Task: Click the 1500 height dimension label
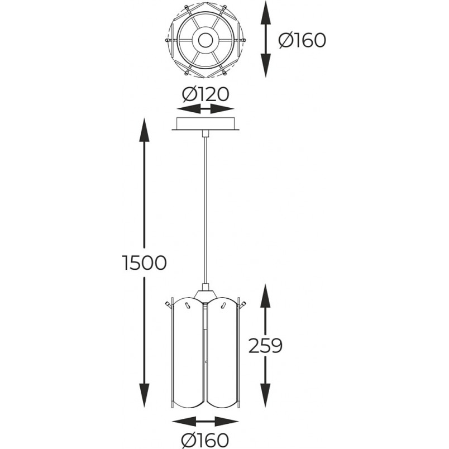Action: click(x=144, y=262)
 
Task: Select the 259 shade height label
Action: click(x=265, y=345)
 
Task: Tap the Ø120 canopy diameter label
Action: click(x=206, y=94)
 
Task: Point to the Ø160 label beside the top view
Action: click(x=302, y=40)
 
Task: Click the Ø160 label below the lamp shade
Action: click(x=206, y=440)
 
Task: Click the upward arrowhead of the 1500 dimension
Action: click(x=144, y=130)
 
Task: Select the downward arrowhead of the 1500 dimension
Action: click(x=144, y=395)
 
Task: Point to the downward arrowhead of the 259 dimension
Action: click(x=265, y=396)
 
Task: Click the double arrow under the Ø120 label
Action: click(x=206, y=109)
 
